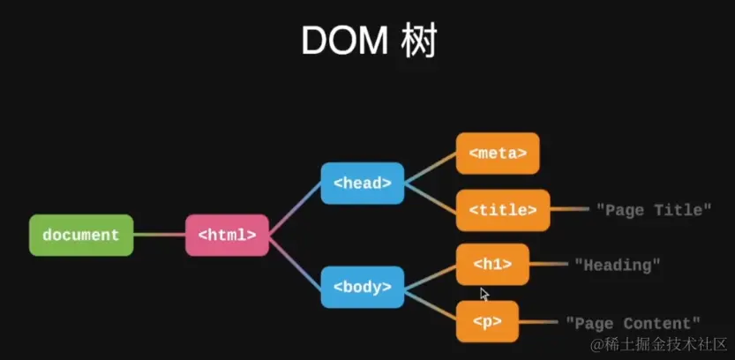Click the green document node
click(x=81, y=236)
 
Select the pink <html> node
click(x=227, y=236)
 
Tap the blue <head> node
click(x=362, y=183)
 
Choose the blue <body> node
click(x=362, y=287)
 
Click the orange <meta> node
click(x=498, y=153)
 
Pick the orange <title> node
click(x=503, y=210)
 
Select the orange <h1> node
click(x=492, y=264)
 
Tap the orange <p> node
click(x=486, y=322)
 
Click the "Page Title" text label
click(x=654, y=210)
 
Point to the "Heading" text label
click(x=617, y=264)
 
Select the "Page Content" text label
click(x=633, y=323)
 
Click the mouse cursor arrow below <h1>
click(x=484, y=294)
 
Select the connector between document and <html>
click(x=160, y=236)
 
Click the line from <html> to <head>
click(x=295, y=209)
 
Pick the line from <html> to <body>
click(x=295, y=262)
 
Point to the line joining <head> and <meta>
click(x=430, y=168)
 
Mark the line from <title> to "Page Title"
click(x=569, y=210)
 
